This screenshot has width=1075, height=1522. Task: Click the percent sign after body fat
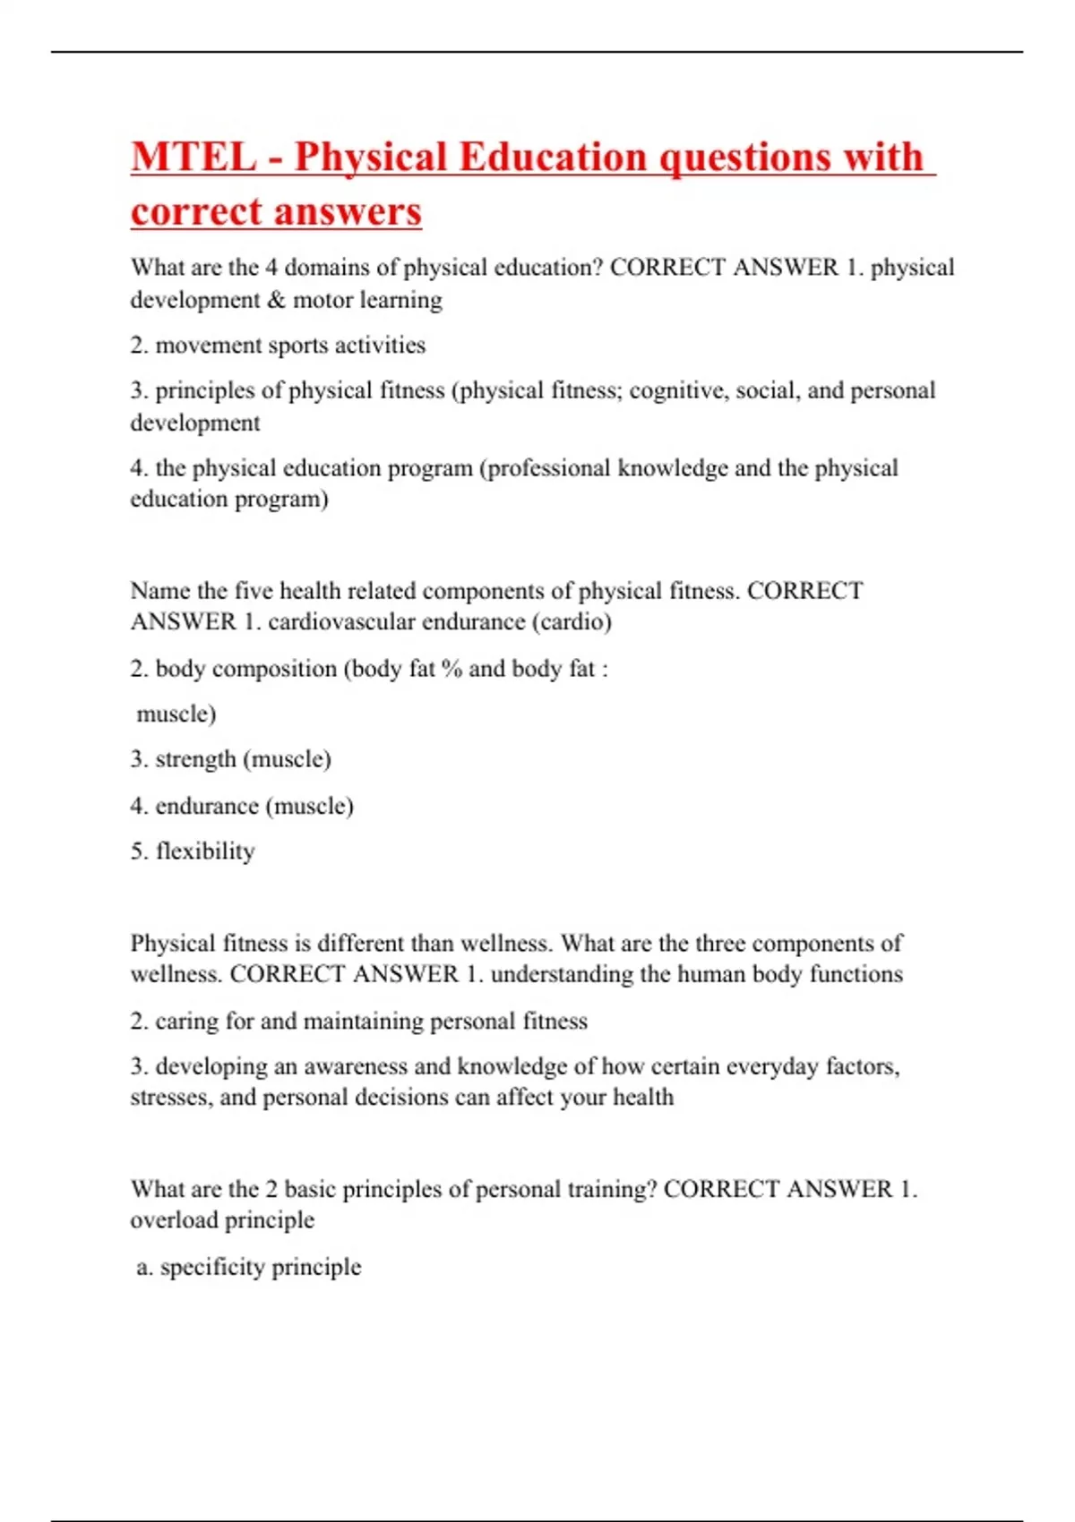coord(451,670)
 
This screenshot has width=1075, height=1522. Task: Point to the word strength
coord(195,760)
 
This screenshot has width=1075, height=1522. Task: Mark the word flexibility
coord(205,851)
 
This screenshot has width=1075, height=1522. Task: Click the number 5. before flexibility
coord(139,851)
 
